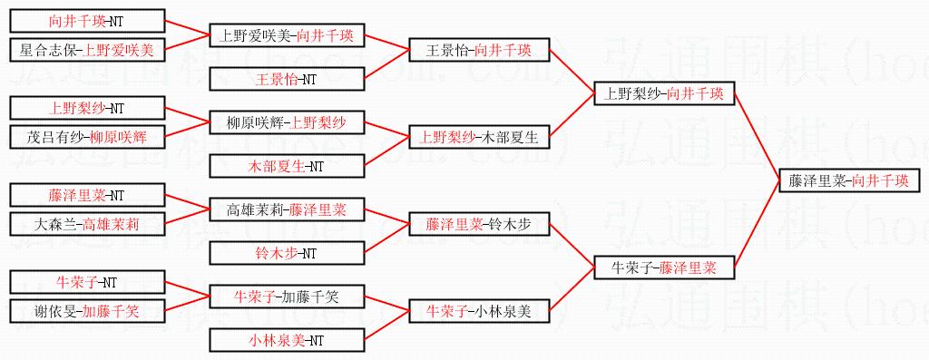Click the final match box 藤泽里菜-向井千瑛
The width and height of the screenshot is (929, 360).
click(x=849, y=181)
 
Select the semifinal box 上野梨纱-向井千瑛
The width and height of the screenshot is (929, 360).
click(x=664, y=93)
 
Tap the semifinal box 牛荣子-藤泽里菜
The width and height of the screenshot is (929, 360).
click(x=664, y=268)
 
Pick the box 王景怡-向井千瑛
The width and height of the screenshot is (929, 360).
click(x=479, y=51)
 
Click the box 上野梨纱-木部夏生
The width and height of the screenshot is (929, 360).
click(x=479, y=137)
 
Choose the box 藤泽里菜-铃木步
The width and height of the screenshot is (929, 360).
click(x=479, y=224)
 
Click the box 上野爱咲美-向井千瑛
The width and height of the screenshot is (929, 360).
click(x=287, y=35)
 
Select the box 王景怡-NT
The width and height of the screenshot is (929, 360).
click(x=287, y=79)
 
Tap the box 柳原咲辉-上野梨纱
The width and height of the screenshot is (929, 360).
click(x=287, y=122)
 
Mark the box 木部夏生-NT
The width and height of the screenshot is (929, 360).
click(x=287, y=166)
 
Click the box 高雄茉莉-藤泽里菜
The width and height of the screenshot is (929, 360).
click(x=287, y=209)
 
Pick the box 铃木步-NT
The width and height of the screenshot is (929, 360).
click(x=287, y=253)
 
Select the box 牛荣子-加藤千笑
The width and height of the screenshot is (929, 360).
click(x=287, y=296)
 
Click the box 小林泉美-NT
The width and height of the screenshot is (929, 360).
click(x=287, y=340)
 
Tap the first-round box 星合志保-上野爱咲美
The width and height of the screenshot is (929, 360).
click(x=87, y=50)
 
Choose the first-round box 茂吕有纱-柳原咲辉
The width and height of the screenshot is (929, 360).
click(x=87, y=137)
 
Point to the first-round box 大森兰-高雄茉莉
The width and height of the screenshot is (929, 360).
click(x=87, y=224)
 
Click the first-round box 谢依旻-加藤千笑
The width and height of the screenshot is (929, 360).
click(x=87, y=310)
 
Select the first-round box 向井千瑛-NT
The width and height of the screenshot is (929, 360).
click(x=87, y=22)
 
